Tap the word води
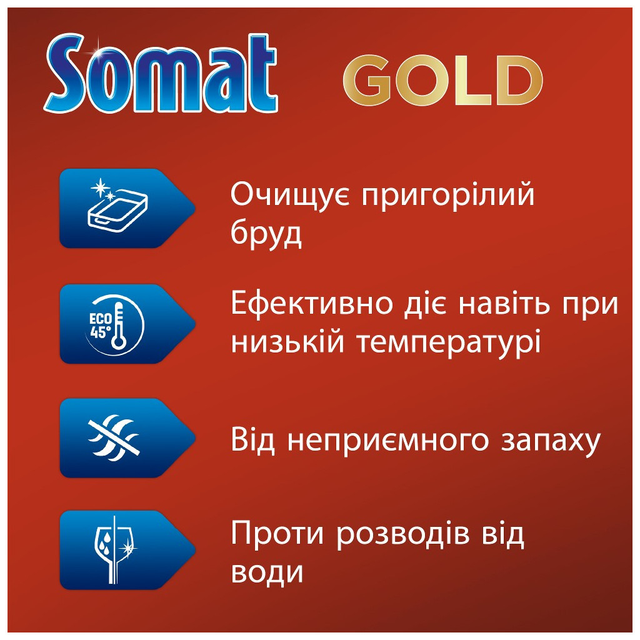(267, 572)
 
